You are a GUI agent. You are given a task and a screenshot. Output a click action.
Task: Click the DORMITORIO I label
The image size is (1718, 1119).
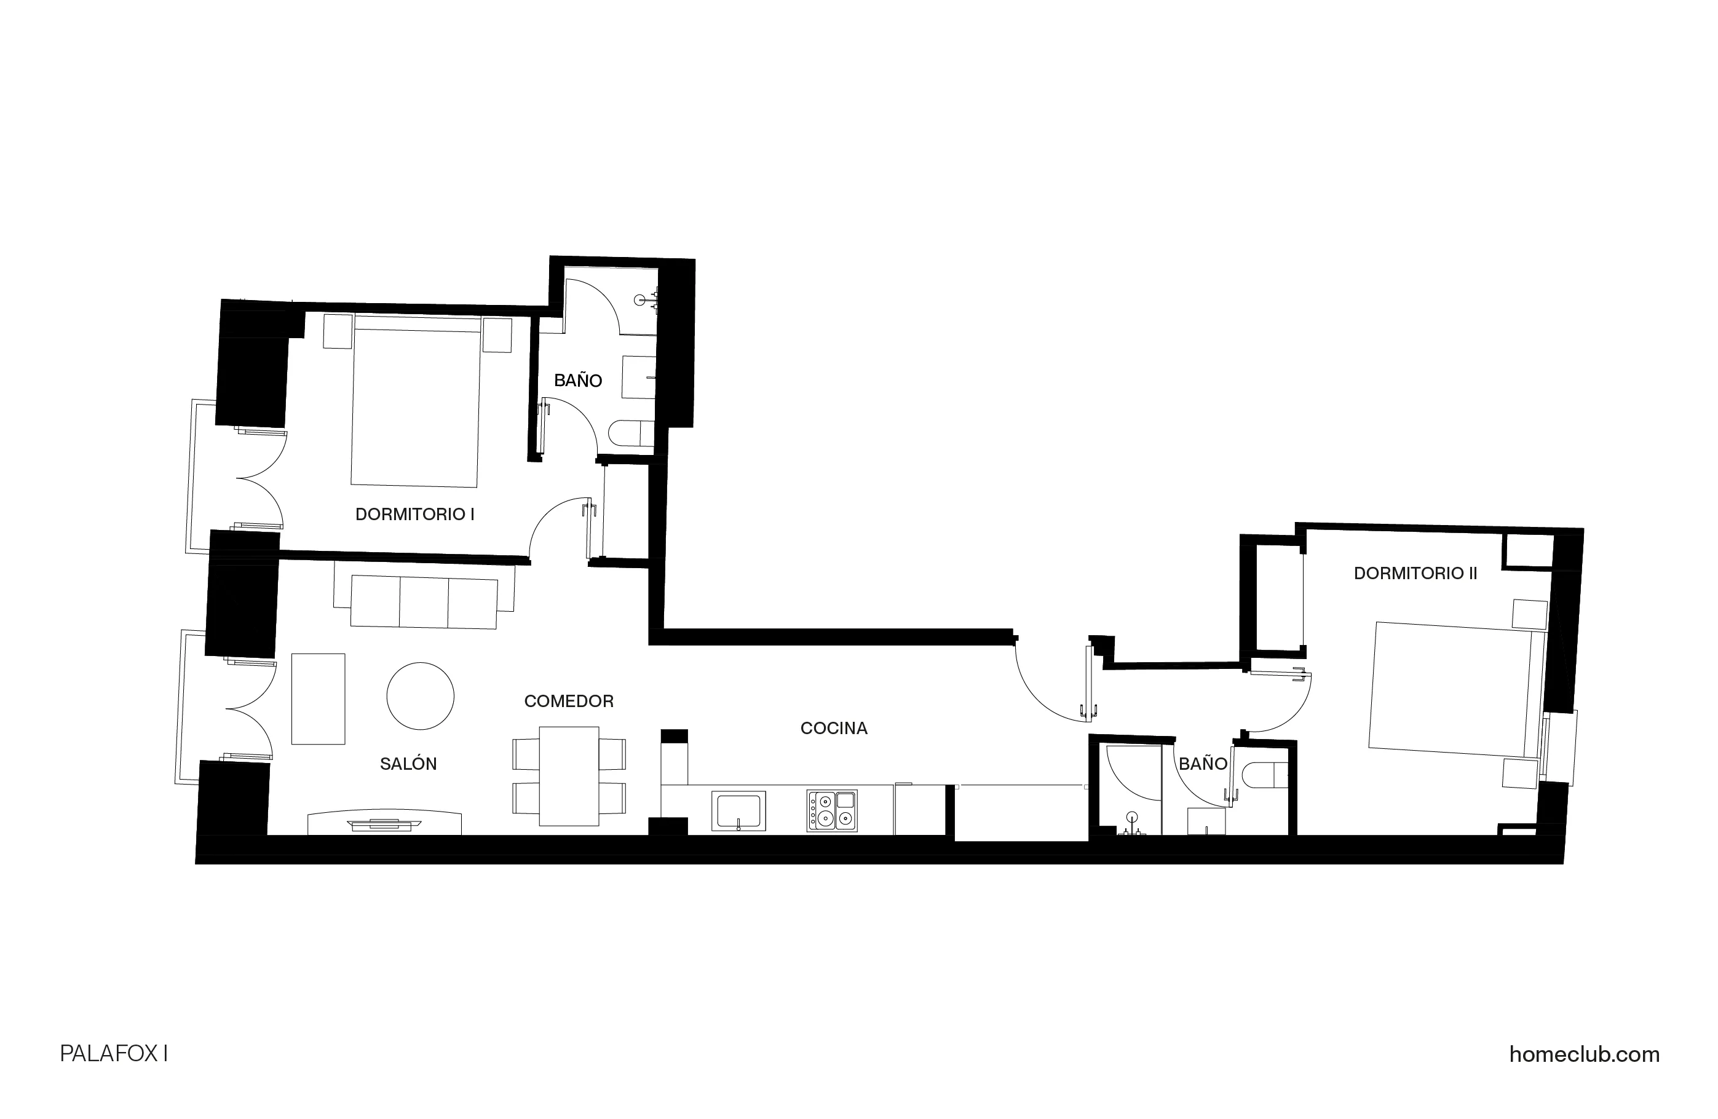tap(414, 514)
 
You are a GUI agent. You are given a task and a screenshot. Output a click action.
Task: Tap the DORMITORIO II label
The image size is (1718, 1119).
tap(1415, 573)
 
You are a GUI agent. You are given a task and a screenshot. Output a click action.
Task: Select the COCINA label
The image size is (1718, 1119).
tap(834, 729)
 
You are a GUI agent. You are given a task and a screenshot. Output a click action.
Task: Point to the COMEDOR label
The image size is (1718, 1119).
tap(569, 701)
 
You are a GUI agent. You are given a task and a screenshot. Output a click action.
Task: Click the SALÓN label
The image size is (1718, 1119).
tap(408, 764)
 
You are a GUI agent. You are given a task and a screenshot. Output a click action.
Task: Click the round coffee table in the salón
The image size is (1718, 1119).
tap(420, 696)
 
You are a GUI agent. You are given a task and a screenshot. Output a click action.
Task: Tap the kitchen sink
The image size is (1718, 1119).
tap(737, 810)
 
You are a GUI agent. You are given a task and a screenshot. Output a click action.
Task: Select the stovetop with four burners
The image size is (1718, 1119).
tap(831, 810)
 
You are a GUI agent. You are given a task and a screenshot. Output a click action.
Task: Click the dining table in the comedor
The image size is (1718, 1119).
tap(569, 775)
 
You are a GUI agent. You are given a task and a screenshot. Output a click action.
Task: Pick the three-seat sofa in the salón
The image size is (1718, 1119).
tap(424, 603)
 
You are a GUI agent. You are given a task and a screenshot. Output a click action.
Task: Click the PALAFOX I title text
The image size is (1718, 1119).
tap(113, 1053)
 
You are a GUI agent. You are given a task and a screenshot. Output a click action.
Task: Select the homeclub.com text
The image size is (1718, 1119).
tap(1584, 1054)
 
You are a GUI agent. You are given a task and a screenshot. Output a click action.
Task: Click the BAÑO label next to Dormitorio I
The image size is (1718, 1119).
tap(577, 381)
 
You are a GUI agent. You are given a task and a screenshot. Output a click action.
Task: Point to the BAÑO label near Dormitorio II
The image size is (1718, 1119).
tap(1203, 764)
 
